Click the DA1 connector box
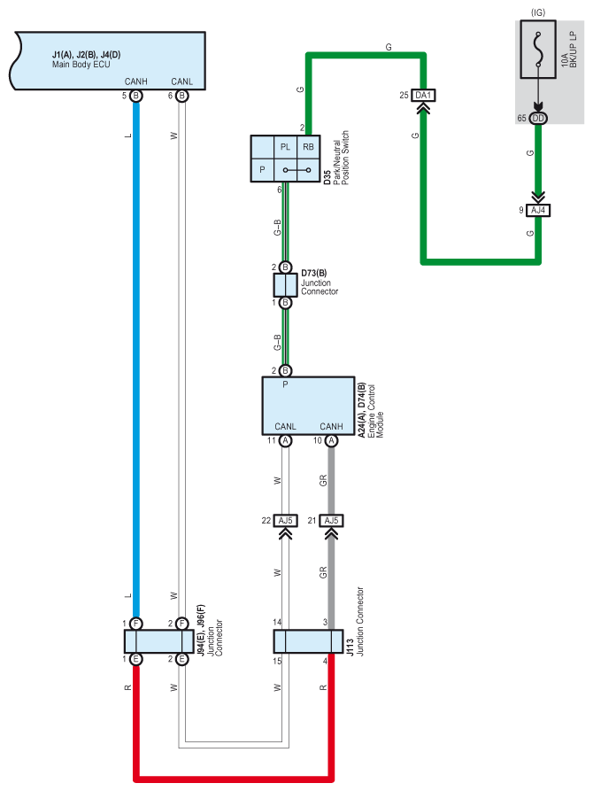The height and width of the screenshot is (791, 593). click(x=423, y=95)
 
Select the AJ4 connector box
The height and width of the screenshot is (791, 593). click(x=538, y=210)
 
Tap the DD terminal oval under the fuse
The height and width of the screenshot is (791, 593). click(x=538, y=118)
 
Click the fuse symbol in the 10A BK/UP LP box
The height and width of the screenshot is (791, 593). click(x=538, y=50)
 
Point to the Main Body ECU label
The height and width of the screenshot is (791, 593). click(x=81, y=65)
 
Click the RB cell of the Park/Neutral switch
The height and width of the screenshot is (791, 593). click(x=308, y=147)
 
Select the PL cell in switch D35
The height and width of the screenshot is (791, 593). click(x=285, y=147)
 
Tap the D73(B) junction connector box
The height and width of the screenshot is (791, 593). click(x=285, y=285)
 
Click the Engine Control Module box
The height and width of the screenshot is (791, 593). click(x=308, y=406)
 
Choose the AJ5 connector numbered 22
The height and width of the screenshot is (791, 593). click(x=285, y=520)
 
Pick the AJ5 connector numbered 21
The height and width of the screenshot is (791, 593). click(x=331, y=520)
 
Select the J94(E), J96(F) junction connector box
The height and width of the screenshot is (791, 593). click(x=158, y=641)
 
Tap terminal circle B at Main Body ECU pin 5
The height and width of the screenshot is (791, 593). click(x=136, y=96)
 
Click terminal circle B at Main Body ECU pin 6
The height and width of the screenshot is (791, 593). click(x=182, y=96)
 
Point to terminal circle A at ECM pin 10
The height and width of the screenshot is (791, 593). click(x=331, y=440)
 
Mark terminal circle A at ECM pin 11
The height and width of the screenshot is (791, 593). click(x=285, y=440)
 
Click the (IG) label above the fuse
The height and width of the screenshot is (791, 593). click(x=538, y=12)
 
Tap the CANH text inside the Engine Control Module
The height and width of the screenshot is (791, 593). click(x=331, y=426)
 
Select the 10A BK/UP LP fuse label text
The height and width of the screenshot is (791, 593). click(x=569, y=50)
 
